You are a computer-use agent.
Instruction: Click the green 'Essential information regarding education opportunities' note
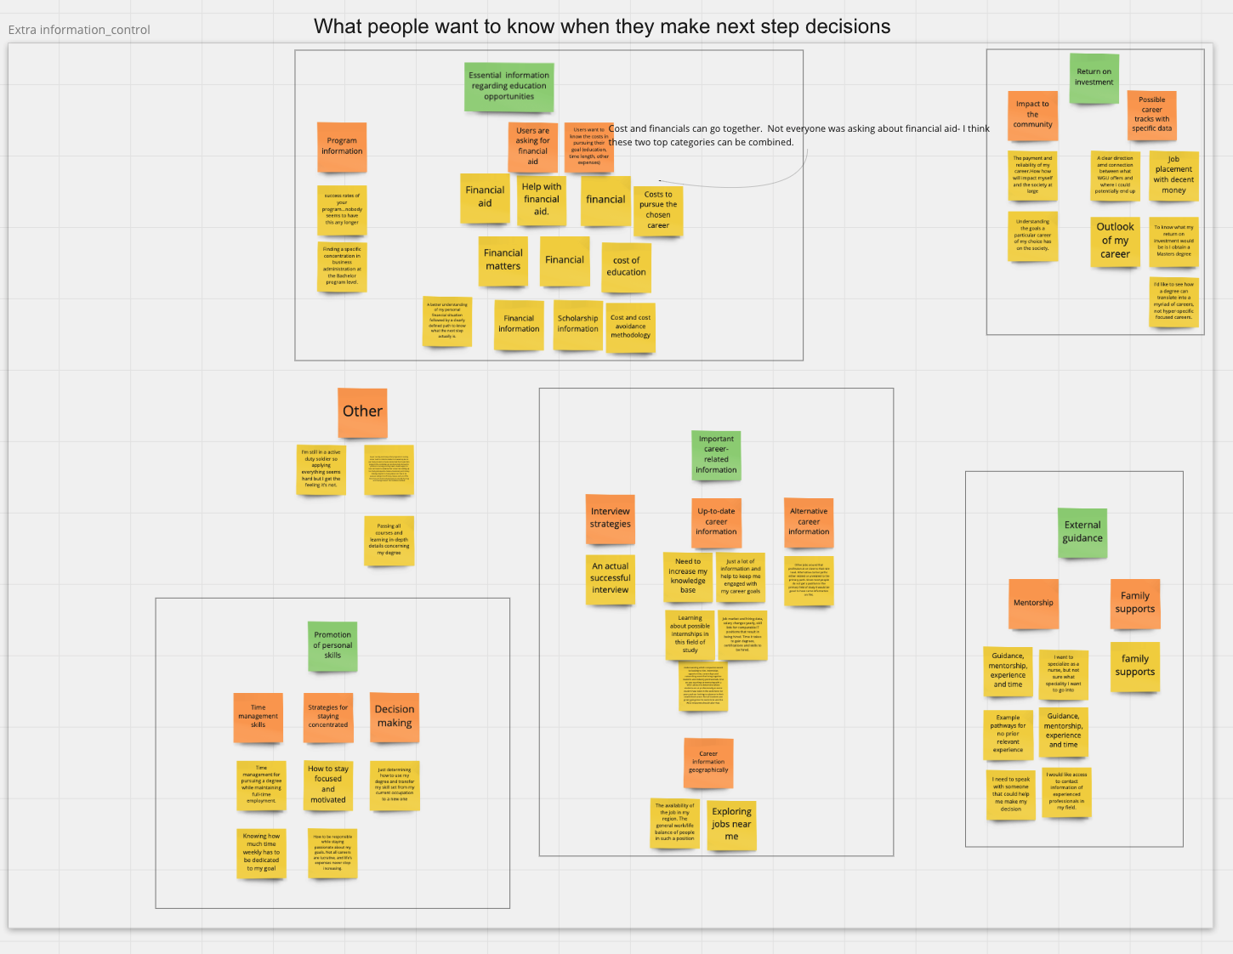pyautogui.click(x=509, y=87)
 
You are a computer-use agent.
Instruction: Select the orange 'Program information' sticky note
pyautogui.click(x=342, y=146)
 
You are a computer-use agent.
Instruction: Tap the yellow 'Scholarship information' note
pyautogui.click(x=577, y=324)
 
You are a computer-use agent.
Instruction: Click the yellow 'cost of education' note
pyautogui.click(x=626, y=267)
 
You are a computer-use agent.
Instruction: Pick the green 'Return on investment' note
pyautogui.click(x=1094, y=77)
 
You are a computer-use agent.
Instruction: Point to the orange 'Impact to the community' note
pyautogui.click(x=1032, y=115)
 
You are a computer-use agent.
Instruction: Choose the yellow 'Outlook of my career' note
pyautogui.click(x=1115, y=241)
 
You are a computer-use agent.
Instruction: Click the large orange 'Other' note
pyautogui.click(x=362, y=412)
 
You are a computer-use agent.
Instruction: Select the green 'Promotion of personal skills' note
pyautogui.click(x=332, y=645)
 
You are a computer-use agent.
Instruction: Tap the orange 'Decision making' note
pyautogui.click(x=395, y=717)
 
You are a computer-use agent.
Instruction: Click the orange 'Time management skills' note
pyautogui.click(x=258, y=717)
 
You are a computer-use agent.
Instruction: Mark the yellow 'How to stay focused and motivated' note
pyautogui.click(x=328, y=785)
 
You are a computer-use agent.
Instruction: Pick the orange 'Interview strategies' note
pyautogui.click(x=611, y=518)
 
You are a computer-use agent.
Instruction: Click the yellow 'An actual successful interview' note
pyautogui.click(x=611, y=579)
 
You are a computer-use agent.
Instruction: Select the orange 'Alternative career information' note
pyautogui.click(x=809, y=522)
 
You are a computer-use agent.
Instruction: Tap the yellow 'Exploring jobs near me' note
pyautogui.click(x=731, y=825)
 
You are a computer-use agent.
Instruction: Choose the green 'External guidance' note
pyautogui.click(x=1082, y=532)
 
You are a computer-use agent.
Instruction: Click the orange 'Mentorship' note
pyautogui.click(x=1033, y=604)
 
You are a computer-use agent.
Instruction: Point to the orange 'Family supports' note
pyautogui.click(x=1135, y=604)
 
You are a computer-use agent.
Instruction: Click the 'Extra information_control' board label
pyautogui.click(x=79, y=30)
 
